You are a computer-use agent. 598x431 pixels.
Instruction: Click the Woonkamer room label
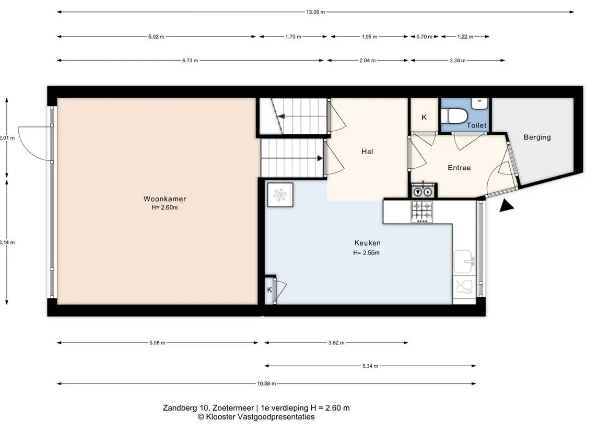point(165,199)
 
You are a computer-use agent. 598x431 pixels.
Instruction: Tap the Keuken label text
point(367,242)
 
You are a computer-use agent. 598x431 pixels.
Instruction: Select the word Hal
point(367,152)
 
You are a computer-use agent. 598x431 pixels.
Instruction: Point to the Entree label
point(459,168)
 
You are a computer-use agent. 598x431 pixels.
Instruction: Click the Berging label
point(537,137)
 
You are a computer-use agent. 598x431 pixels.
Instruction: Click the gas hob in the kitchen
point(422,212)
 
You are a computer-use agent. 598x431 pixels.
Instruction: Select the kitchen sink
point(464,262)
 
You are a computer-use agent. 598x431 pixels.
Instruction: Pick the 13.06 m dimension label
point(315,12)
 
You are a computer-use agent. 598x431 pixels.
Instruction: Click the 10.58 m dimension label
point(266,383)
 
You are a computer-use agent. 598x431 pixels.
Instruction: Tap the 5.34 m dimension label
point(370,366)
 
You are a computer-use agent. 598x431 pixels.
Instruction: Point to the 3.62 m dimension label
point(336,343)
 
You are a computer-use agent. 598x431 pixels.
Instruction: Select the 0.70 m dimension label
point(425,37)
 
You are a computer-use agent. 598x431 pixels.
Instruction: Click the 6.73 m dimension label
point(190,60)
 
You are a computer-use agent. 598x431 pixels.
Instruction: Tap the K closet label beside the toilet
point(424,118)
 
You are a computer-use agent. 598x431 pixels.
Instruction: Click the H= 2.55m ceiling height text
point(366,252)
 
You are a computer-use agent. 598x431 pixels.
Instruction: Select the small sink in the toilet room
point(480,103)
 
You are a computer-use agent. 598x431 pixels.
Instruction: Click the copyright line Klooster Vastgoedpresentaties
point(256,417)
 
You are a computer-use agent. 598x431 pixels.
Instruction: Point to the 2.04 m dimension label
point(368,60)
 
